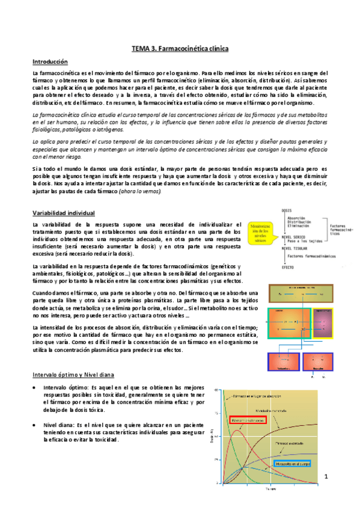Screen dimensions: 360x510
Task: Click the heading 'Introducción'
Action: click(x=50, y=62)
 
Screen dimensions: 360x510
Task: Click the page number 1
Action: click(x=326, y=477)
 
